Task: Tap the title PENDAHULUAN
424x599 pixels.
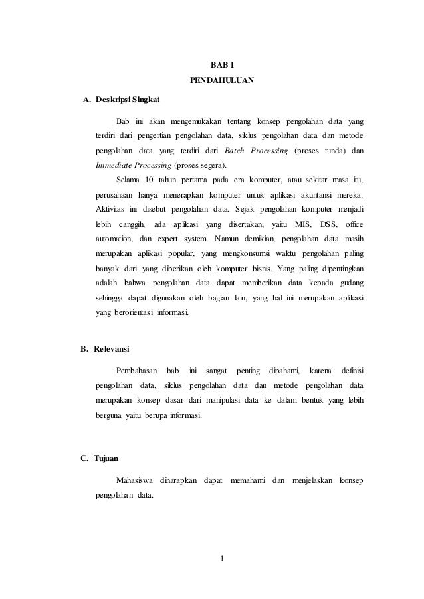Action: coord(222,81)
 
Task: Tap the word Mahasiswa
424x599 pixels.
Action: coord(135,480)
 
